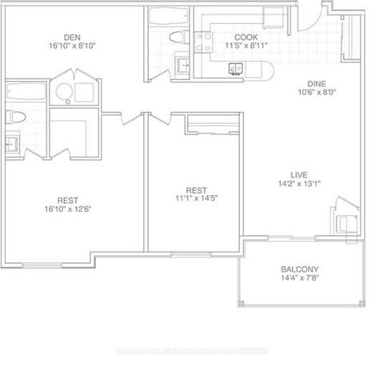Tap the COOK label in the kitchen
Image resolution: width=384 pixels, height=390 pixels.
click(x=245, y=38)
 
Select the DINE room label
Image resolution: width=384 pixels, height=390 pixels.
click(x=320, y=82)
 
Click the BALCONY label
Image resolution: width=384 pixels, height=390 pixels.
click(x=300, y=269)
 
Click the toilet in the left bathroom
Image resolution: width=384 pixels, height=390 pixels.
click(x=14, y=117)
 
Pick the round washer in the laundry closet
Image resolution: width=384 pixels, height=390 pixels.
click(x=63, y=94)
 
